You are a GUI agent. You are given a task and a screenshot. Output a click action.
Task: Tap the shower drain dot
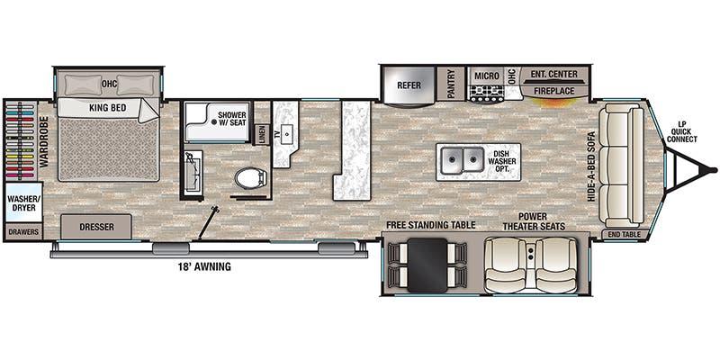click(x=214, y=122)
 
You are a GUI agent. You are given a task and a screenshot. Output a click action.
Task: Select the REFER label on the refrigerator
click(x=409, y=85)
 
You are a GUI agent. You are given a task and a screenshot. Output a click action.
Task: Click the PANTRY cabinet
click(x=451, y=84)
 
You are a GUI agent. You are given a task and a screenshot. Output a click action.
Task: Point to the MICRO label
click(x=487, y=76)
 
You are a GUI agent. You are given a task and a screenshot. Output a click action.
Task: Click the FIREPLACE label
click(x=553, y=91)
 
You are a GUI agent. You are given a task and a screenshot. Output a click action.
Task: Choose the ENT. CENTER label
click(x=553, y=74)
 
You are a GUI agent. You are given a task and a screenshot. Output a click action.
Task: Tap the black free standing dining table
click(x=427, y=265)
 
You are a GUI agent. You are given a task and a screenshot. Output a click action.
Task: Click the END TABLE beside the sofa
click(x=625, y=234)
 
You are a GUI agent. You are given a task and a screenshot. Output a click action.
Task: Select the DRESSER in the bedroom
click(x=96, y=227)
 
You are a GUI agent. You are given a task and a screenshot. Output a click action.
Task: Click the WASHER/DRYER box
click(x=24, y=202)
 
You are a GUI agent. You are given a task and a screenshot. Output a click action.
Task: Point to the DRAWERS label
click(x=23, y=232)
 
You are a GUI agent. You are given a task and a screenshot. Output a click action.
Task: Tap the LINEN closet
click(x=262, y=134)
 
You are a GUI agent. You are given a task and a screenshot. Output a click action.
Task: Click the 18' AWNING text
click(x=204, y=266)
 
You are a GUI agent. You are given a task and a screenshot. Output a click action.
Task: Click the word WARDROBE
click(x=44, y=141)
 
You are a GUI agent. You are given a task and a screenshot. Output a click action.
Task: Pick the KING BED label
click(x=107, y=108)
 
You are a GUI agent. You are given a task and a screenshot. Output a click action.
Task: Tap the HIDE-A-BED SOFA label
click(x=591, y=167)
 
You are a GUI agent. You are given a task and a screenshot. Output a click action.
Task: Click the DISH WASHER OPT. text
click(x=502, y=161)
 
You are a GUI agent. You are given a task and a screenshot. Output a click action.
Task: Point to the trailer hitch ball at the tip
click(x=713, y=170)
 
